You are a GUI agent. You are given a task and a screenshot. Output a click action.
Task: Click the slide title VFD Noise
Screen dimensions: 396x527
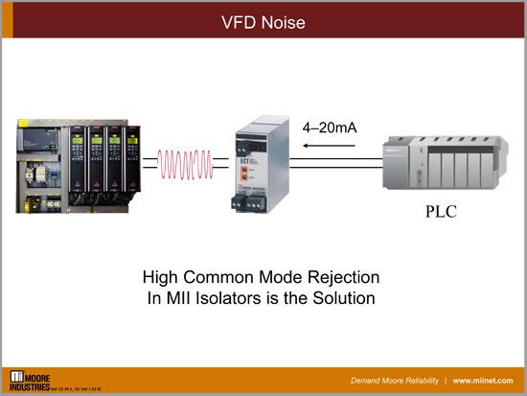pos(263,18)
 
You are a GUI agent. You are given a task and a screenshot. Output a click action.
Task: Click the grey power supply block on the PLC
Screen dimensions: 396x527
pos(395,163)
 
